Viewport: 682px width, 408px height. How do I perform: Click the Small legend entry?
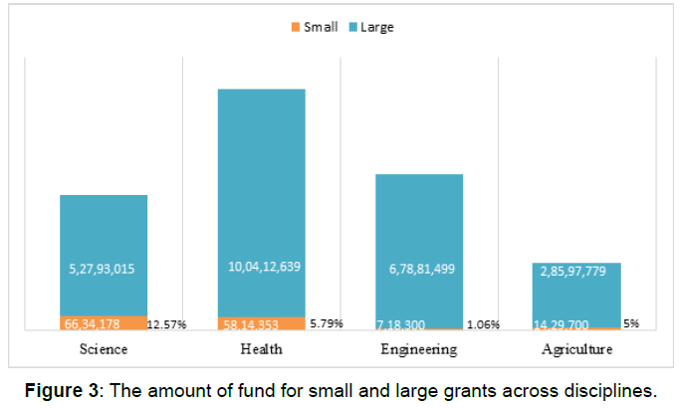coord(317,27)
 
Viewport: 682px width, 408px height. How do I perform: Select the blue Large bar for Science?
coord(104,255)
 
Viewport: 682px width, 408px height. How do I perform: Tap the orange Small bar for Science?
coord(104,322)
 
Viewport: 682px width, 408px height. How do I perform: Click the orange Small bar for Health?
coord(262,323)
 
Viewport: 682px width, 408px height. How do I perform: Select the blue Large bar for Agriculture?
coord(577,295)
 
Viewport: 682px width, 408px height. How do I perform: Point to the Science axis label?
coord(104,349)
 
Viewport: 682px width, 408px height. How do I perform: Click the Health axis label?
coord(262,349)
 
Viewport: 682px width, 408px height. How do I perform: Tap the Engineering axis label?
coord(419,349)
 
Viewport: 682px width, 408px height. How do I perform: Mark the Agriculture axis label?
coord(577,349)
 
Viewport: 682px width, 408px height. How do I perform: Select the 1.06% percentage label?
coord(483,324)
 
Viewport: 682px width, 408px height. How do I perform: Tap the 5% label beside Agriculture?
coord(633,324)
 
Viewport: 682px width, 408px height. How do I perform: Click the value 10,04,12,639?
coord(262,266)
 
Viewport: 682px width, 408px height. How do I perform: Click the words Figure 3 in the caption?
coord(61,388)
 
